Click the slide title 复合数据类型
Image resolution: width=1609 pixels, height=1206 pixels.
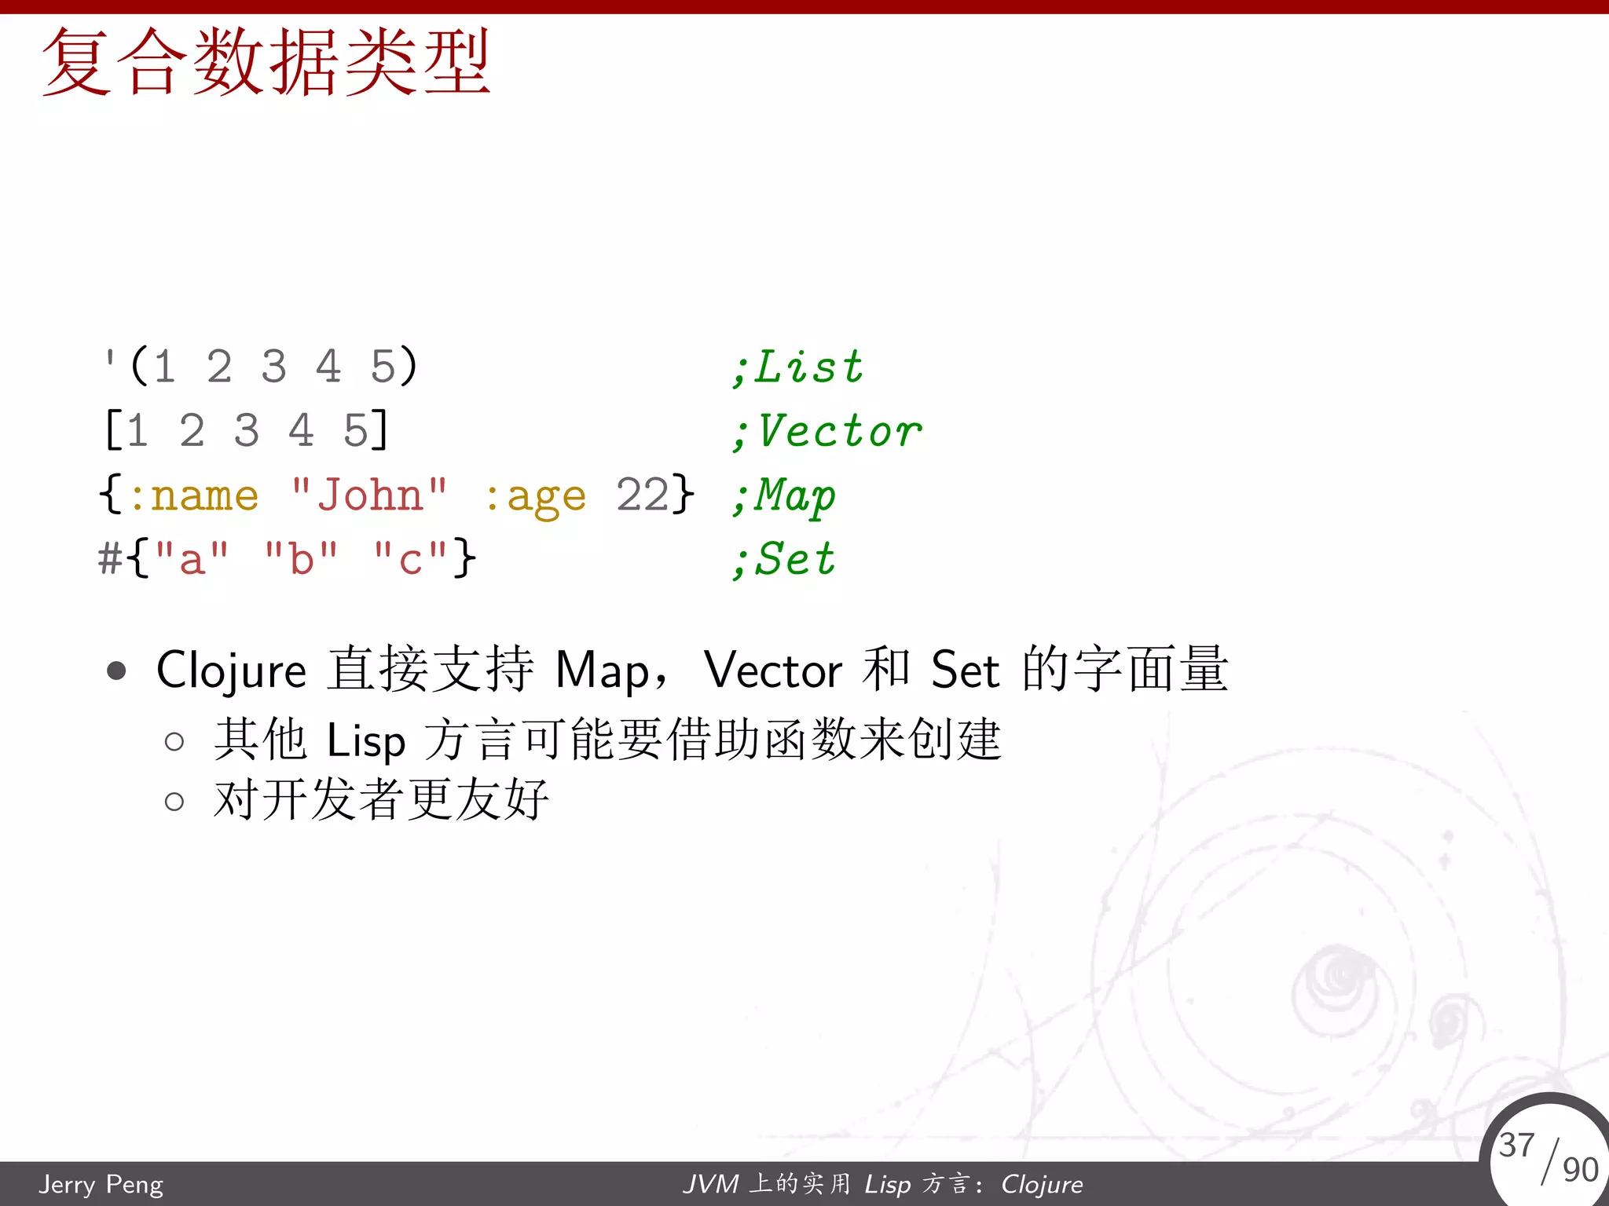(x=266, y=63)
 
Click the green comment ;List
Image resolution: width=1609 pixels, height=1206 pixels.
(x=797, y=367)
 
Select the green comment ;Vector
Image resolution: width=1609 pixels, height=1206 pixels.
(x=826, y=432)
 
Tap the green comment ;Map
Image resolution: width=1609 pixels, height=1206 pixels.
(x=784, y=496)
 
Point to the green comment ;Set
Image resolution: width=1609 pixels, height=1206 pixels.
(x=784, y=560)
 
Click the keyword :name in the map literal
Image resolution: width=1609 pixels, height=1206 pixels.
(x=193, y=496)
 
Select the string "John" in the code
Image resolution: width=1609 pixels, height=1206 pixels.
(x=369, y=496)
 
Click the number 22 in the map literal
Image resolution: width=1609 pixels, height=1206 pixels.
(x=642, y=495)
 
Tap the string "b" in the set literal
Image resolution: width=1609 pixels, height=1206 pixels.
(x=302, y=560)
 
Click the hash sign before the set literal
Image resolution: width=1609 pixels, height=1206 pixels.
(x=110, y=560)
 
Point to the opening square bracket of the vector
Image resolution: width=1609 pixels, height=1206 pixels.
(x=112, y=432)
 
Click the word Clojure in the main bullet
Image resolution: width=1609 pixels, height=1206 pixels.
(x=231, y=671)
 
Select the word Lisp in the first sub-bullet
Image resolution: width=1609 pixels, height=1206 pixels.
(x=365, y=741)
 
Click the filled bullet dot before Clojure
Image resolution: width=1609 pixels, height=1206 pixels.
(x=116, y=671)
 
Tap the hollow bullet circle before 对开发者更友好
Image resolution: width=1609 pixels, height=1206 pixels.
(x=174, y=802)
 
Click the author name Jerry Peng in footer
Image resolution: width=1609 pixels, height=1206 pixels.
(x=101, y=1184)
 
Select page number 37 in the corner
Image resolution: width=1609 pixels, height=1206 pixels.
(x=1516, y=1146)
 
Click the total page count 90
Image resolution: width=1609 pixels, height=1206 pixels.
(x=1580, y=1170)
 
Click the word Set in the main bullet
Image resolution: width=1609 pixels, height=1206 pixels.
(x=965, y=671)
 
